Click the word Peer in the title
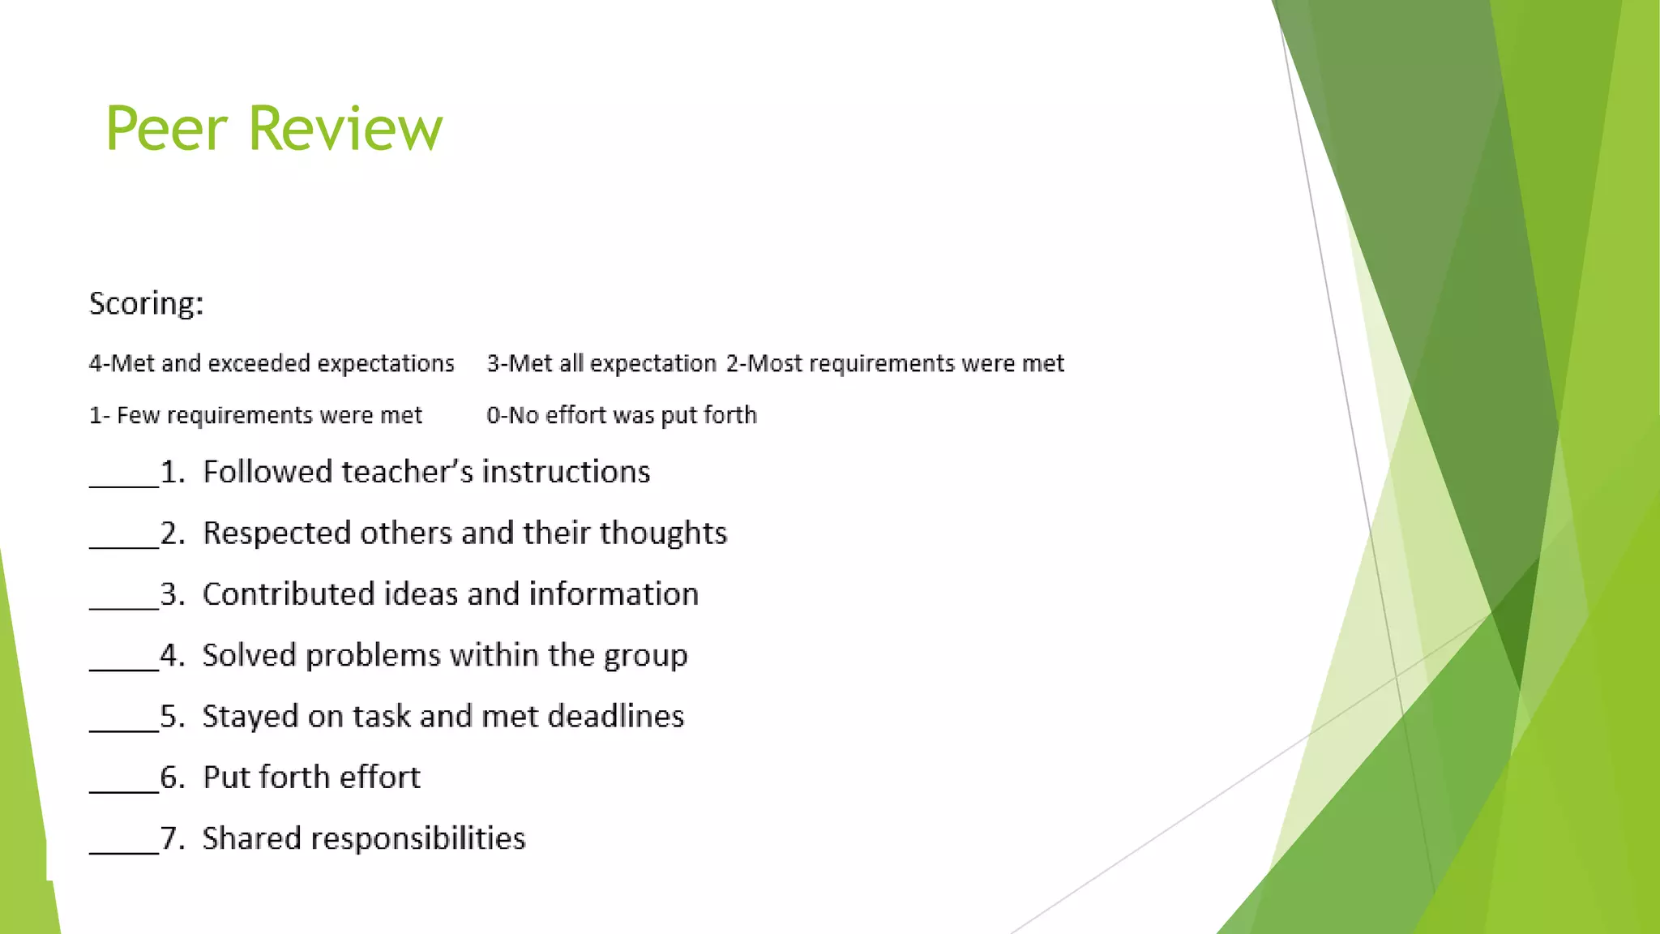[166, 129]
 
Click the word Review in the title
[345, 129]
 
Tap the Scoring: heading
[146, 304]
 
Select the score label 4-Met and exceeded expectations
[272, 363]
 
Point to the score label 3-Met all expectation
[601, 363]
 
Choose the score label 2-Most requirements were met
[895, 363]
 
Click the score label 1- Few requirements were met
[255, 415]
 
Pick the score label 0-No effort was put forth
[622, 415]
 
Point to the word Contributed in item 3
[288, 594]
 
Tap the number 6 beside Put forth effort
[170, 778]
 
